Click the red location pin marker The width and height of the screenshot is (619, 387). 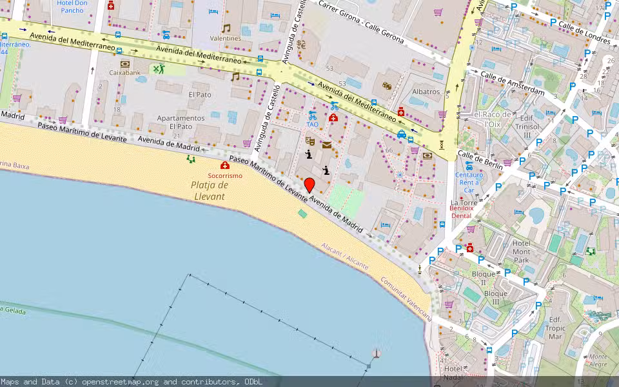point(309,185)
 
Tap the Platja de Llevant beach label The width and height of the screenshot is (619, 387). point(210,190)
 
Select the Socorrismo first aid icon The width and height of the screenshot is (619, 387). point(225,166)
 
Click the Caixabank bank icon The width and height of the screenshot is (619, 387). point(124,64)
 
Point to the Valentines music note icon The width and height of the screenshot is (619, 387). point(226,28)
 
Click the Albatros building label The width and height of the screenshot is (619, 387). point(426,92)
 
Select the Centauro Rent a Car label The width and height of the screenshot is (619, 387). point(469,183)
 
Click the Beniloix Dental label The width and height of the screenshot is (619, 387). point(461,212)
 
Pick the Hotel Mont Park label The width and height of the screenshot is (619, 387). point(521,252)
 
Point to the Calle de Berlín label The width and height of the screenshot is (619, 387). point(480,160)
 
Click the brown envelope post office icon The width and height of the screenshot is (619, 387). point(327,145)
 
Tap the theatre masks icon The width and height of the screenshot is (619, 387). point(310,139)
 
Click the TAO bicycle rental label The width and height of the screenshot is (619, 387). point(313,124)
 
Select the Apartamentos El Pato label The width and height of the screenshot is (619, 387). point(181,122)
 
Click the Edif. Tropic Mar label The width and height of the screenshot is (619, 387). point(555,328)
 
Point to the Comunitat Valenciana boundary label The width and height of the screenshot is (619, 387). point(415,299)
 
